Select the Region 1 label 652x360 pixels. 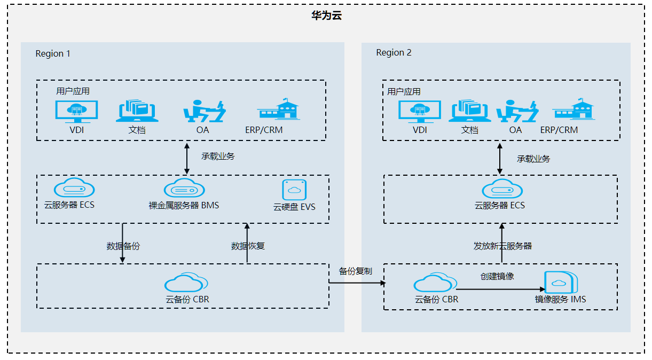point(53,53)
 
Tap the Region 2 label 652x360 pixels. point(394,52)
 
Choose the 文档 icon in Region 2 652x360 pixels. point(469,111)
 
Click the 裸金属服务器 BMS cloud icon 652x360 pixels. point(184,189)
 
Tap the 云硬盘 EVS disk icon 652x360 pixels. point(294,190)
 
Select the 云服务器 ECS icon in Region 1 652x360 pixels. point(74,188)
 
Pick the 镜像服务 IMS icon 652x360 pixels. point(561,283)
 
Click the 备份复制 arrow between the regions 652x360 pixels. point(356,284)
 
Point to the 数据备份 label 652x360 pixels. point(123,246)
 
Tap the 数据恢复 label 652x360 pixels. point(248,246)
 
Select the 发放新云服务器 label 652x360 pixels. point(502,246)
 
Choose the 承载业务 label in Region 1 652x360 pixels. point(218,156)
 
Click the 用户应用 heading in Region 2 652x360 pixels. point(404,91)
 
